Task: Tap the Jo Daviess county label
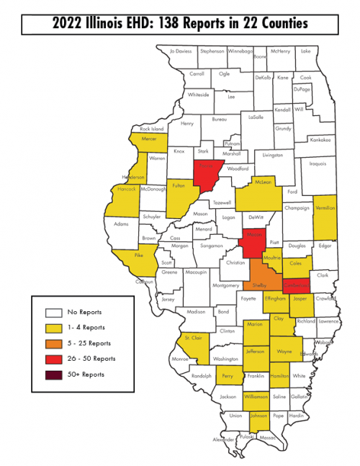181,51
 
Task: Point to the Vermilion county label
325,207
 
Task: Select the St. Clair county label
192,337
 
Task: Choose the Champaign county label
297,208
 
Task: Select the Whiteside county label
198,94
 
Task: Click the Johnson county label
258,416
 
